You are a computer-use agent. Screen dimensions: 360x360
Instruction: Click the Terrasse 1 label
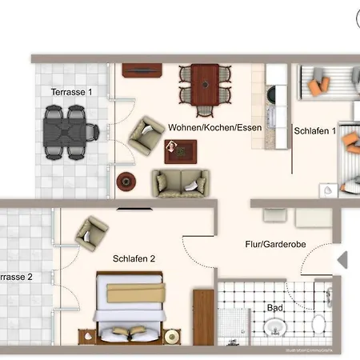(x=72, y=92)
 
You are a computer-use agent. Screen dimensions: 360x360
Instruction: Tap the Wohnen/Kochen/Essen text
(x=214, y=128)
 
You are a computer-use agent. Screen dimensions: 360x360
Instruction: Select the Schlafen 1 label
(x=314, y=130)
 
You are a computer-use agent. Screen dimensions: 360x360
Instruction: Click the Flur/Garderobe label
(x=277, y=246)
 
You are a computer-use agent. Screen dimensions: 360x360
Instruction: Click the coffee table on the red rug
(x=181, y=150)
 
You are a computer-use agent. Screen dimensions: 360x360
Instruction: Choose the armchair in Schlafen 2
(x=91, y=234)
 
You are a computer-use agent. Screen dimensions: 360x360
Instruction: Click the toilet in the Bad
(x=318, y=326)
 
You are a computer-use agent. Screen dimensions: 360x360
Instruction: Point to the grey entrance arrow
(x=342, y=259)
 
